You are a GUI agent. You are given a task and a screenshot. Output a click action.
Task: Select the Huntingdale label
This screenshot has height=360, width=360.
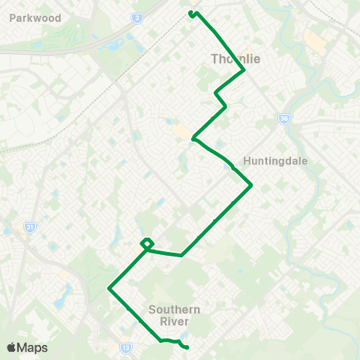pos(271,160)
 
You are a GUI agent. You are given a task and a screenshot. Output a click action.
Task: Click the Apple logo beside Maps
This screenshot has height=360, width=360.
pos(11,347)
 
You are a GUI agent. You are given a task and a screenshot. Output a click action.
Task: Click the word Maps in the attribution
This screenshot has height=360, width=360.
pos(32,347)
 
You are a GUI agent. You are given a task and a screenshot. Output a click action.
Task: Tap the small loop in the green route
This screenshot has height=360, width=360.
pos(147,243)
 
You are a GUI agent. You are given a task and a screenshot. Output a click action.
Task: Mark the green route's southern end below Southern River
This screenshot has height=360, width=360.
pos(185,346)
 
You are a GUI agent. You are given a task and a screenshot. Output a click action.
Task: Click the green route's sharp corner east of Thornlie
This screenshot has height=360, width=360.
pos(244,70)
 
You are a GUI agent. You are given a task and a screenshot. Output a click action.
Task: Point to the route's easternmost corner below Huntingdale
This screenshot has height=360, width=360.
pos(250,184)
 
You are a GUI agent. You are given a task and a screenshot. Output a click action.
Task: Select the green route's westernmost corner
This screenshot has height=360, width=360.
pos(109,288)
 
